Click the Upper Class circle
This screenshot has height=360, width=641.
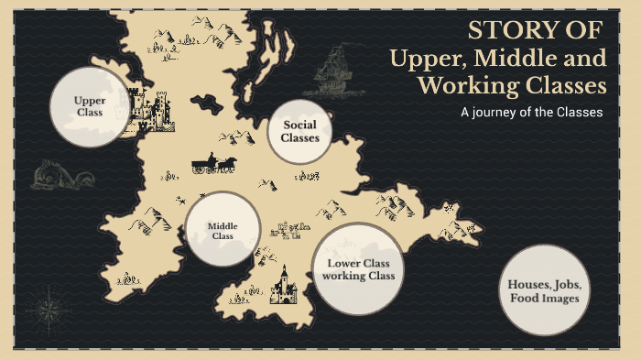tap(90, 106)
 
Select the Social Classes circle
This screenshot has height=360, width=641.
tap(299, 132)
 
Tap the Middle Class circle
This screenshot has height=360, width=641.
tap(223, 230)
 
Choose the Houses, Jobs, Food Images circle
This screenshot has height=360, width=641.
tap(545, 290)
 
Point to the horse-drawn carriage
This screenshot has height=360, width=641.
tap(213, 164)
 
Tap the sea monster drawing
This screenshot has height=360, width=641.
tap(49, 173)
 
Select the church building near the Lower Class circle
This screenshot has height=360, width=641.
tap(281, 286)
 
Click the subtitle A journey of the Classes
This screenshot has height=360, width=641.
tap(531, 113)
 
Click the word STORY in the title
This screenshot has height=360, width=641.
tap(505, 30)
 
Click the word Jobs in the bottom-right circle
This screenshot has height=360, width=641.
tap(560, 284)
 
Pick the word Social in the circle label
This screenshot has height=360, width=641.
tap(299, 125)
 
